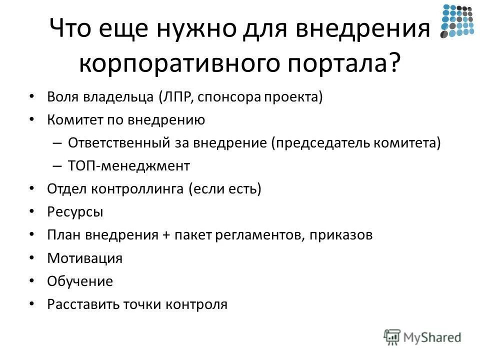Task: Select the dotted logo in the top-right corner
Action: (457, 21)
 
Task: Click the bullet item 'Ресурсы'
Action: (75, 212)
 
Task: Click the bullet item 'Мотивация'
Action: (84, 258)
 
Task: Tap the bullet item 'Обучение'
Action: (80, 281)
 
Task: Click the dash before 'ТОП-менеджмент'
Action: (56, 166)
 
